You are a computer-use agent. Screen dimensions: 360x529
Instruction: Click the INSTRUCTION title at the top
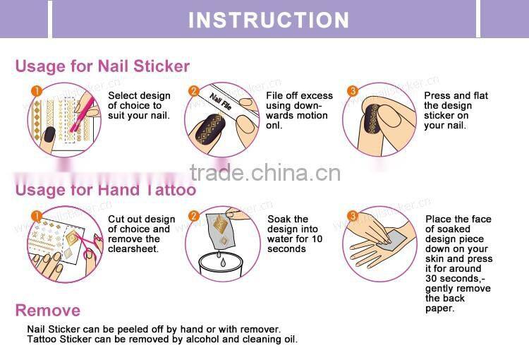coord(269,19)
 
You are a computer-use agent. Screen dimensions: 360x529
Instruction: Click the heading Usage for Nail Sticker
coord(102,66)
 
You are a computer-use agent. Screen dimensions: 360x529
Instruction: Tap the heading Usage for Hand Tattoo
coord(106,189)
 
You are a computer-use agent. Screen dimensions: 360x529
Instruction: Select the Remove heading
coord(48,311)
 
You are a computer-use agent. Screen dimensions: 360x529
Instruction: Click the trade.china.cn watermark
coord(266,172)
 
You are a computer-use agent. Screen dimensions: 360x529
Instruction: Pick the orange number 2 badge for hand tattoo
coord(193,215)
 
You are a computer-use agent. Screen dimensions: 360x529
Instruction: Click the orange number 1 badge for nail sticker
coord(37,91)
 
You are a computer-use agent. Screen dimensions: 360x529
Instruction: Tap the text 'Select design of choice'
coord(139,100)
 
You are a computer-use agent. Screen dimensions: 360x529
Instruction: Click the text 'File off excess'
coord(299,95)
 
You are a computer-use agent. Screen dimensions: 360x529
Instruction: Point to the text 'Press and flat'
coord(456,95)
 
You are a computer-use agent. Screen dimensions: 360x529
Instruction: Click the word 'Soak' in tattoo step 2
coord(279,220)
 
